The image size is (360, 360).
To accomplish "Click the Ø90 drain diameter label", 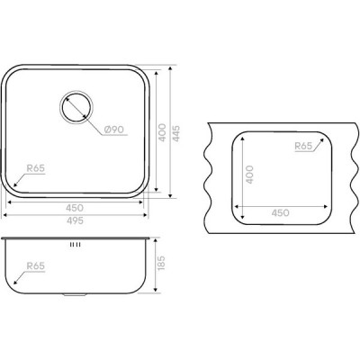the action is tap(114, 130).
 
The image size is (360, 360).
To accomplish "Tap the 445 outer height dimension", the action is tap(176, 133).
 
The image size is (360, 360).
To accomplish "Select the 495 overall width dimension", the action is tap(75, 220).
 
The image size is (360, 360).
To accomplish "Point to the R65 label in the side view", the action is tap(36, 265).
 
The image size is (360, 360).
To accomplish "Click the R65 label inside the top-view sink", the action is tap(36, 168).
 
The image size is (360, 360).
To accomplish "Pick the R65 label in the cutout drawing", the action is tap(303, 146).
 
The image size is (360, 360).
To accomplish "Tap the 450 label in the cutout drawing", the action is tap(281, 213).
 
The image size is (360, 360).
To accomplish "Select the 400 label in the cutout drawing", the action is tap(249, 175).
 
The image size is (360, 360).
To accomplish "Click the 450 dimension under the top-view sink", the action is tap(75, 208).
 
